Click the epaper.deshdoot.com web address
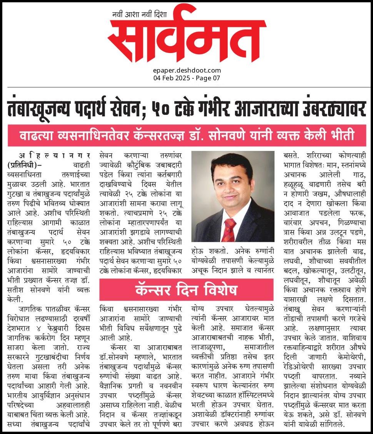[x=187, y=70]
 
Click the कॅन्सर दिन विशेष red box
[x=186, y=290]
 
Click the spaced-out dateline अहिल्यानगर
[x=50, y=156]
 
